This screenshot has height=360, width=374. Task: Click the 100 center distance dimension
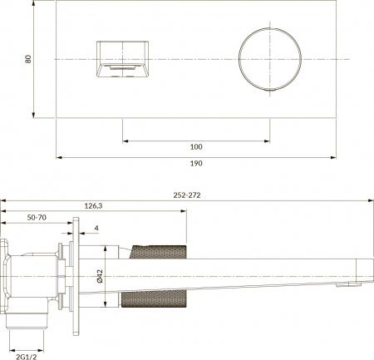(x=196, y=147)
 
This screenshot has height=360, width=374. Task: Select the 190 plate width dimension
(x=196, y=163)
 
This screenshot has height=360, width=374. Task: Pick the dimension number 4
(x=96, y=229)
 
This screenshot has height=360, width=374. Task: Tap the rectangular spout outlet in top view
(x=122, y=60)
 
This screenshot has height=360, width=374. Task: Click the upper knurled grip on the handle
(x=158, y=254)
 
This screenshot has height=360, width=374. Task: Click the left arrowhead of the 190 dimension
(x=58, y=156)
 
